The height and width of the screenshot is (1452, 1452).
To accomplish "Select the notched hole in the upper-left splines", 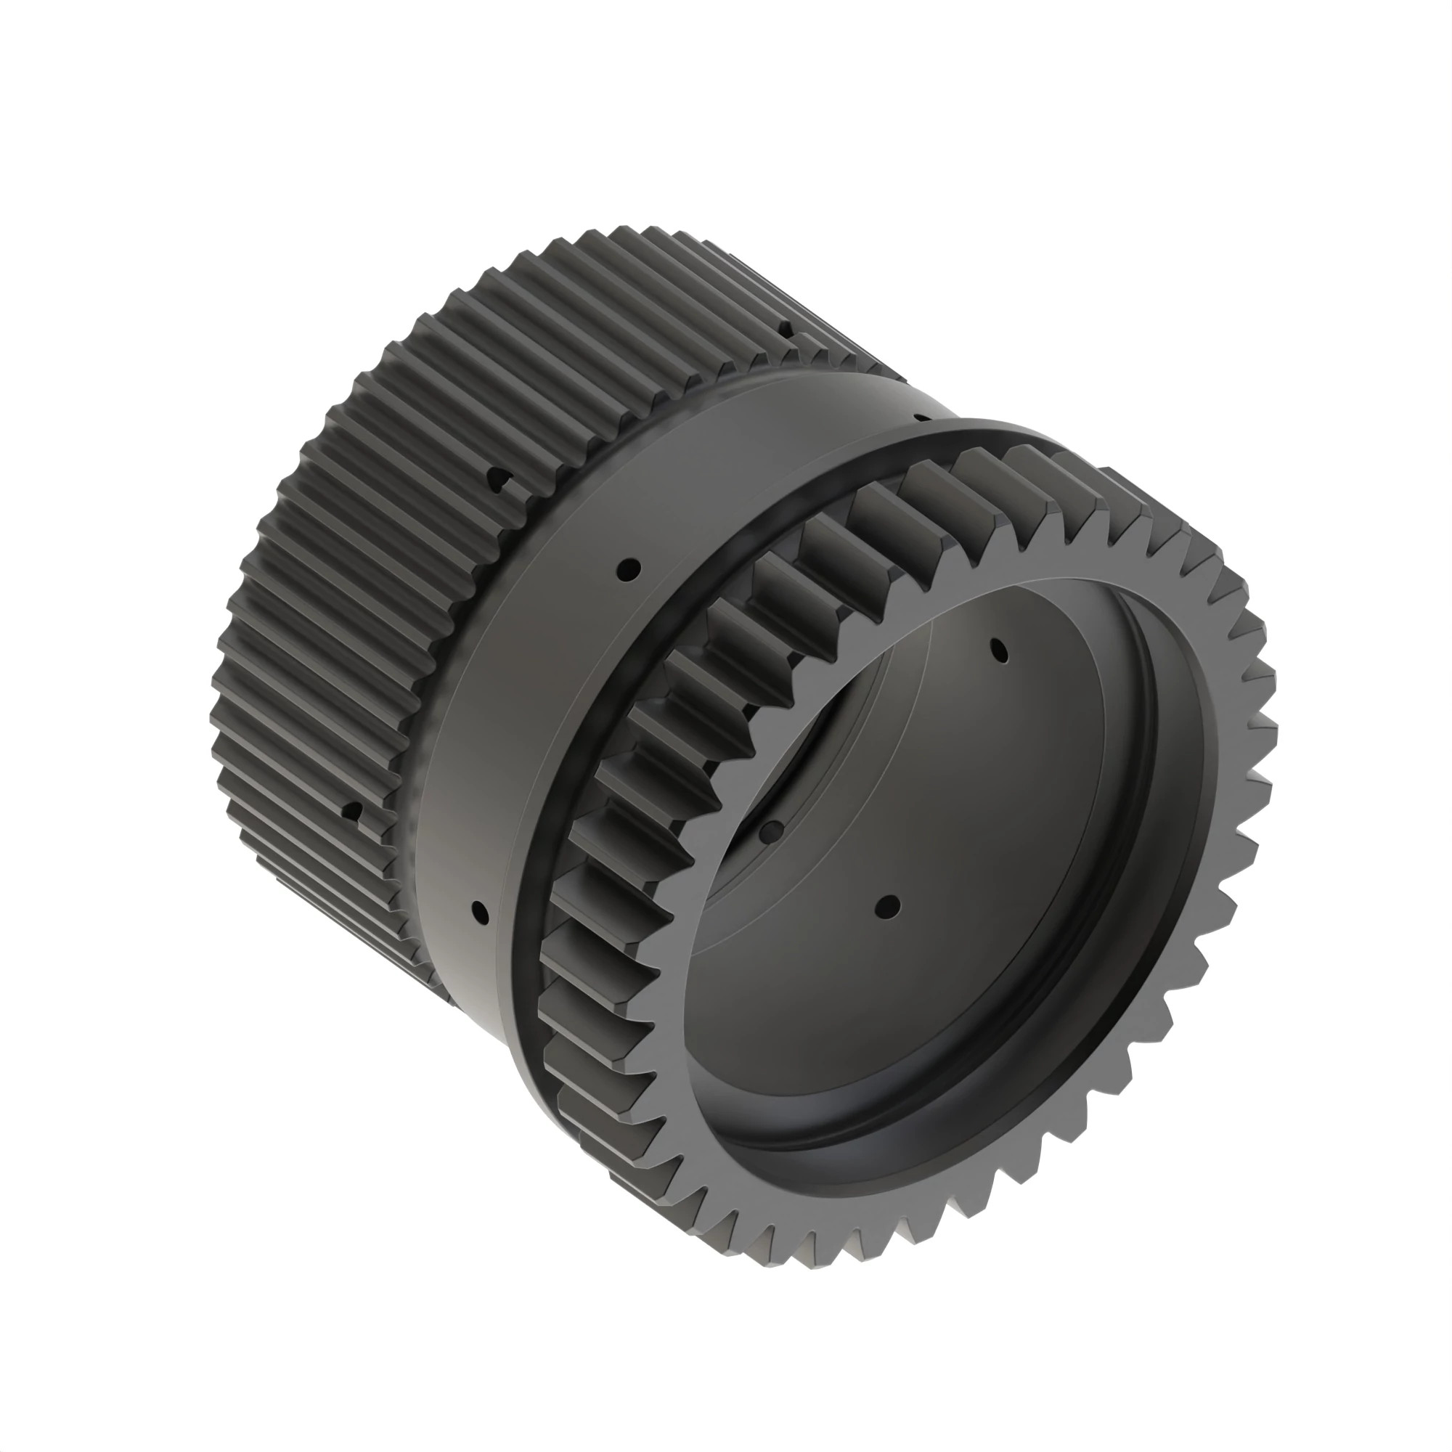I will click(x=497, y=479).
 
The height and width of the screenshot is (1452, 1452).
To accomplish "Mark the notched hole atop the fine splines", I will click(x=785, y=328).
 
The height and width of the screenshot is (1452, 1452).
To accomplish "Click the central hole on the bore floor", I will click(x=889, y=905).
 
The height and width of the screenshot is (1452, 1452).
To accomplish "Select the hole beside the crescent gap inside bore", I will click(x=770, y=831).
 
